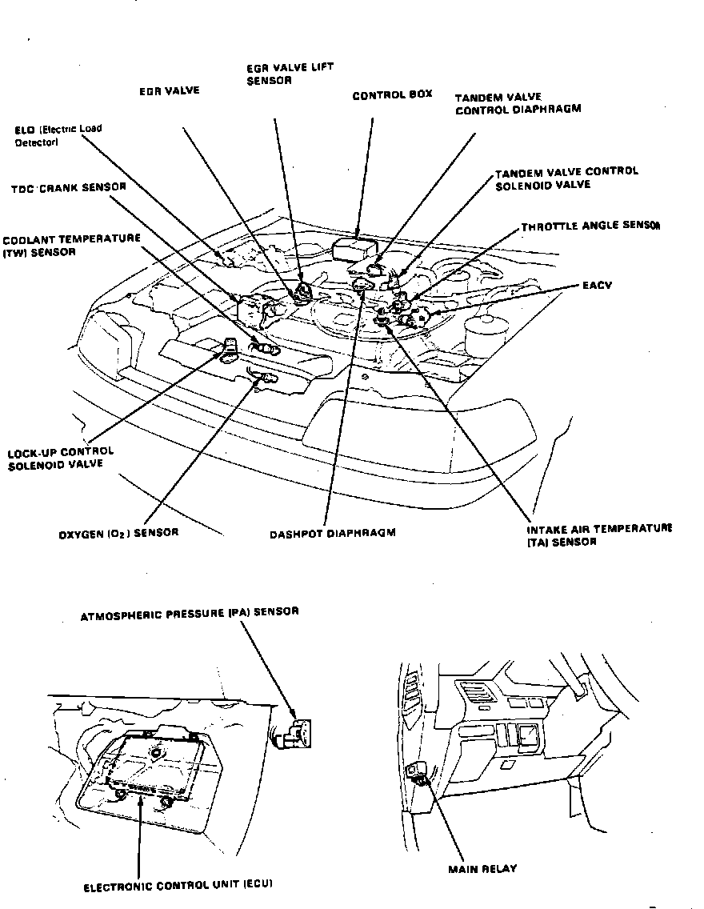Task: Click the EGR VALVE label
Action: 169,91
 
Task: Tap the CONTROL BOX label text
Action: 392,94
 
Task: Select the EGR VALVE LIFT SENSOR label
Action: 279,74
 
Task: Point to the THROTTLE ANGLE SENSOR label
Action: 590,226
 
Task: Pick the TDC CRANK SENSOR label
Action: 68,188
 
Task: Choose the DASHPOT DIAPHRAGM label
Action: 332,532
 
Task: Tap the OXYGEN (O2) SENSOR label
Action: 118,532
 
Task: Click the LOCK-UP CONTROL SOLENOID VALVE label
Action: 60,458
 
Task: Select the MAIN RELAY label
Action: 482,868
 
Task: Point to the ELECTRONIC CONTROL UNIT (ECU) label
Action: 178,886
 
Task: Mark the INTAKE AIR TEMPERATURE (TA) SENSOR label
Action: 598,535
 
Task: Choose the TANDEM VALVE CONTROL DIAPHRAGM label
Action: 518,104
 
